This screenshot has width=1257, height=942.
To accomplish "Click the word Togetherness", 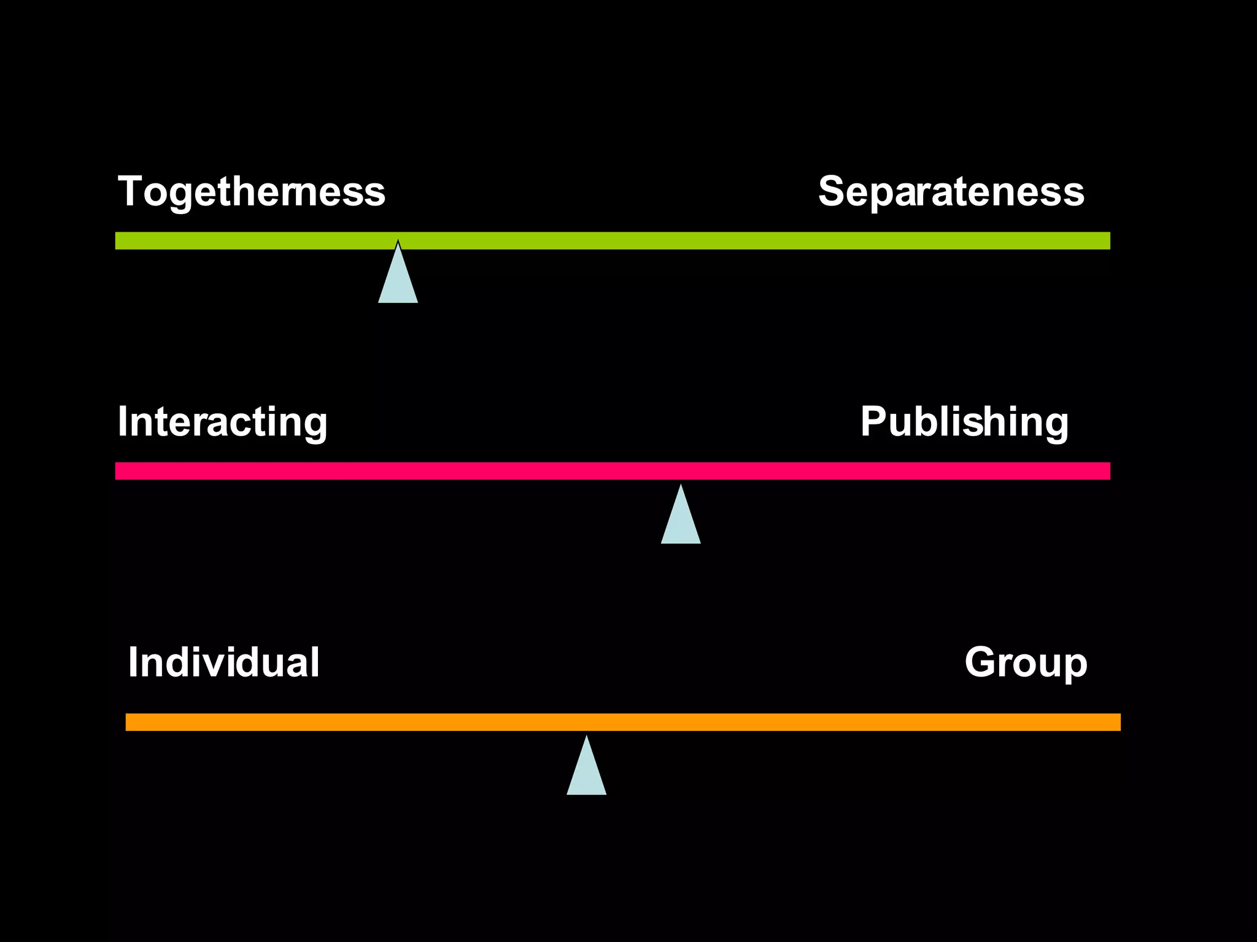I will (x=251, y=192).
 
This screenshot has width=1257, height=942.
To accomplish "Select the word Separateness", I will (x=951, y=192).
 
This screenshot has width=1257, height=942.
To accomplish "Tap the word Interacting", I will (x=222, y=422).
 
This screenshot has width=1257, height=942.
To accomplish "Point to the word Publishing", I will (x=964, y=422).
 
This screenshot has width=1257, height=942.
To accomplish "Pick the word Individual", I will (x=223, y=662).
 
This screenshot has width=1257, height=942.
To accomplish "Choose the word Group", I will (x=1026, y=662).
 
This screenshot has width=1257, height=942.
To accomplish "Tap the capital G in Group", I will (x=981, y=662).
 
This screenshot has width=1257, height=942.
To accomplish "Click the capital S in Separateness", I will (x=833, y=191).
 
